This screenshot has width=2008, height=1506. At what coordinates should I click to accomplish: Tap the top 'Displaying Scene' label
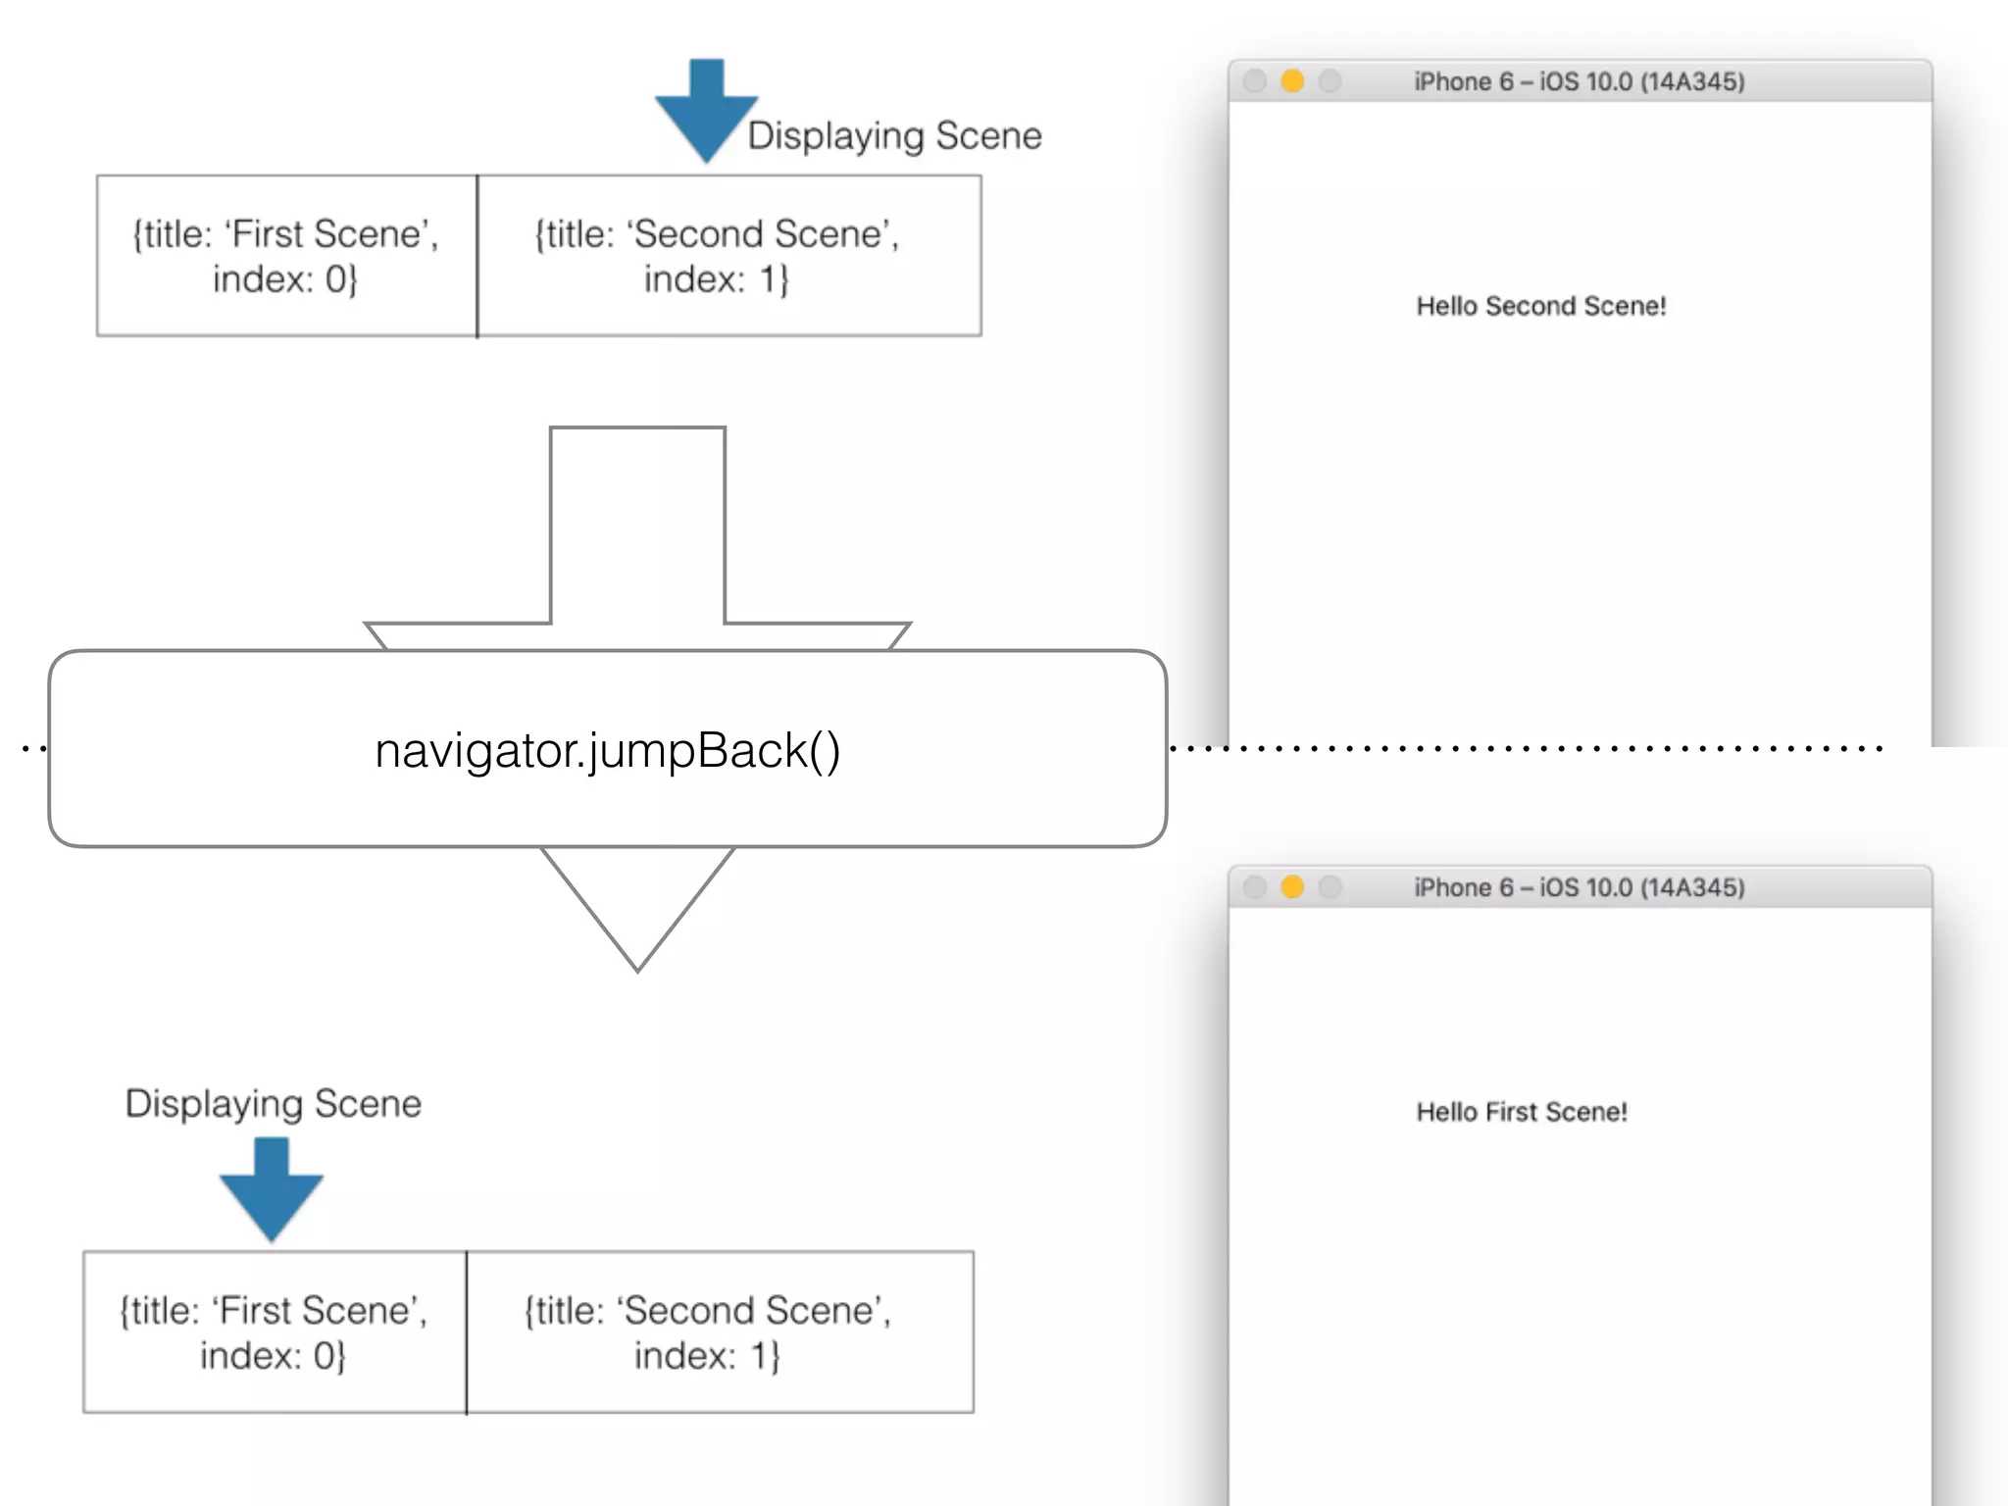click(x=894, y=135)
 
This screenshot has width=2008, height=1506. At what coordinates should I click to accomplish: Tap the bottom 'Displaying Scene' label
click(x=273, y=1103)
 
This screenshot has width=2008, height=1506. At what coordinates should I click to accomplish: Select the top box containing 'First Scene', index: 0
click(x=286, y=256)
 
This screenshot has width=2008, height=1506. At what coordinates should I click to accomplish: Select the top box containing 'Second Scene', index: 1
click(x=728, y=256)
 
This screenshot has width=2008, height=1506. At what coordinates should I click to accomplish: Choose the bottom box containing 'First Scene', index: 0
click(x=275, y=1331)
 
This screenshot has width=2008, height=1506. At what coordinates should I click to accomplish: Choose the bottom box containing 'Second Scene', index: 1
click(x=720, y=1331)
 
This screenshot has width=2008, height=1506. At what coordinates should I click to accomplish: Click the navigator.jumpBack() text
click(x=608, y=750)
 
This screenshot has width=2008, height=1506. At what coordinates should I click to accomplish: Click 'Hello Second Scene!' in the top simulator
click(x=1540, y=306)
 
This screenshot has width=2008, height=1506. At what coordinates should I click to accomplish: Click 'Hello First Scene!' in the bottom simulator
click(x=1521, y=1112)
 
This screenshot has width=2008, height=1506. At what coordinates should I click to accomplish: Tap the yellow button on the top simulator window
click(x=1292, y=81)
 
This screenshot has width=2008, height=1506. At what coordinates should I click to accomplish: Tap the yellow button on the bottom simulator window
click(x=1292, y=887)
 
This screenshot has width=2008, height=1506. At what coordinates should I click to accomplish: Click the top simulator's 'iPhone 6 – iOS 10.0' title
click(x=1579, y=81)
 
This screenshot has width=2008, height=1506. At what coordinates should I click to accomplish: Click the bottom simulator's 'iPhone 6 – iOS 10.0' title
click(x=1579, y=887)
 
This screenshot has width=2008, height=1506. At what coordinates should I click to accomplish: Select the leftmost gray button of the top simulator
click(x=1254, y=81)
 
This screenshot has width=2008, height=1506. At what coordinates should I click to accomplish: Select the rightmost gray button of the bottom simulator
click(x=1330, y=887)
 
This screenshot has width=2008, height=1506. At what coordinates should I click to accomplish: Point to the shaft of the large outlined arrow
click(x=637, y=529)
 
